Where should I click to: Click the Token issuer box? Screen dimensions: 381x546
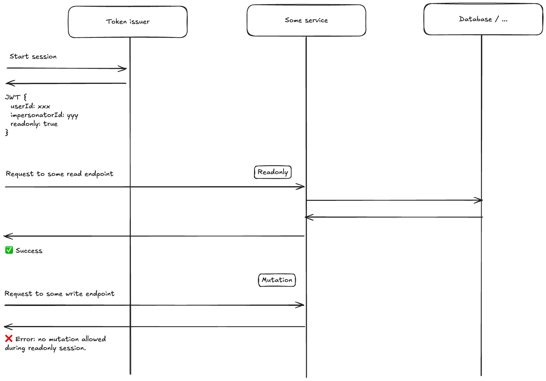click(128, 22)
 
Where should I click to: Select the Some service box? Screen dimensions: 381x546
click(306, 20)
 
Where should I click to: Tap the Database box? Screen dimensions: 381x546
click(483, 19)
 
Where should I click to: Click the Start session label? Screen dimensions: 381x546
click(33, 56)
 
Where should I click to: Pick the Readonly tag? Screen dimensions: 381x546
click(273, 172)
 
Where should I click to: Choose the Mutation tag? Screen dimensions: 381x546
click(277, 280)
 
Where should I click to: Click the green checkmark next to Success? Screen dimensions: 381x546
click(9, 250)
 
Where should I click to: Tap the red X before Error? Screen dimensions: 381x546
click(9, 339)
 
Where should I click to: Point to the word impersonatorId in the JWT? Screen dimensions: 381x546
click(37, 115)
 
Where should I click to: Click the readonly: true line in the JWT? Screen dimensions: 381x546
click(34, 124)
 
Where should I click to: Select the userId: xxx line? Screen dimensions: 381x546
click(30, 106)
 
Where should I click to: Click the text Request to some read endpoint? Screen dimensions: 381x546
click(59, 174)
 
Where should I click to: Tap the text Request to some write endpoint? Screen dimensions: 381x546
click(59, 294)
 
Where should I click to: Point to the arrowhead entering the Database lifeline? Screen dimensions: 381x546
click(479, 200)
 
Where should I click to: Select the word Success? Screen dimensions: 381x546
click(29, 251)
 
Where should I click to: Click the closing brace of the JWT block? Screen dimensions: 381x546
click(7, 133)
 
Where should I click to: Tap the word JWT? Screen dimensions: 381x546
click(13, 97)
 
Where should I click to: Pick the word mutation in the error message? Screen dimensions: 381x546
click(64, 339)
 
